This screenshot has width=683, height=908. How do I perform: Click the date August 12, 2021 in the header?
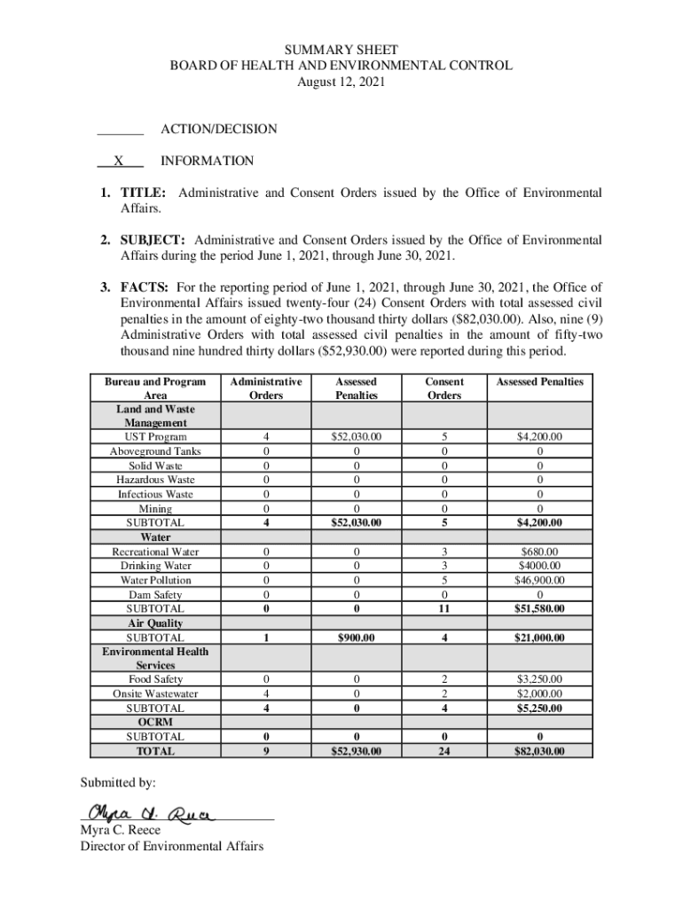[341, 82]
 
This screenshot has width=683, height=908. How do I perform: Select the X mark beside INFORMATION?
[118, 161]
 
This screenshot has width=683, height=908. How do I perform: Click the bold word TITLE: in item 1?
[145, 193]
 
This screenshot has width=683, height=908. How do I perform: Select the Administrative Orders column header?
[265, 388]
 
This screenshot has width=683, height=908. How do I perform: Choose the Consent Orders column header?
[444, 388]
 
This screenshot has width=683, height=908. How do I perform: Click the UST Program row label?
[156, 437]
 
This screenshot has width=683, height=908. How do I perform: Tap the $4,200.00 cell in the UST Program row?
[539, 437]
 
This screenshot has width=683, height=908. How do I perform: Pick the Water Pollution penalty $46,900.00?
[539, 580]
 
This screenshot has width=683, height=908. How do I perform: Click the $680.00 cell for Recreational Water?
[539, 552]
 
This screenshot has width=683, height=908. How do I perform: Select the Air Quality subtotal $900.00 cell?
[355, 638]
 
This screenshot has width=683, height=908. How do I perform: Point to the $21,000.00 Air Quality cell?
[539, 638]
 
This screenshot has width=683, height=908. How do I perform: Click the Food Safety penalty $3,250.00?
[539, 679]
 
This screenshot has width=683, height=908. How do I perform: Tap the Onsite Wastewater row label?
[156, 693]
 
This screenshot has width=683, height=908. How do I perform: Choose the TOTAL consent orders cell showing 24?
[444, 751]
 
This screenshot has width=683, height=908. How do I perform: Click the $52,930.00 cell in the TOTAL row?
[355, 751]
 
